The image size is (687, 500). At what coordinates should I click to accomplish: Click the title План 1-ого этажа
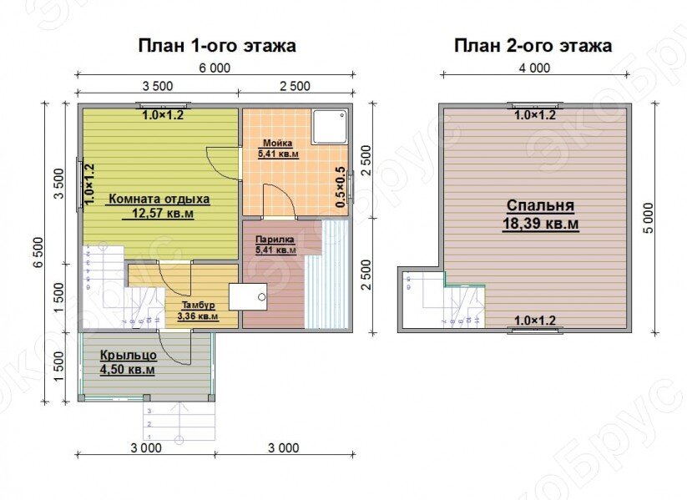point(216,46)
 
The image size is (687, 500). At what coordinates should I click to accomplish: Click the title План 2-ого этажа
point(533,46)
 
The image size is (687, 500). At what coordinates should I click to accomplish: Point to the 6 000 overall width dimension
point(215,68)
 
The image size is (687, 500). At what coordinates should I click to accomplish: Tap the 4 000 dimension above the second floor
point(533,68)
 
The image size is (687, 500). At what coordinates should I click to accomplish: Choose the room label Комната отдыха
point(158,199)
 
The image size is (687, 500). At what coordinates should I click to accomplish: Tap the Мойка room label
point(276,143)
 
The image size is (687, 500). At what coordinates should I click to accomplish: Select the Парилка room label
point(275,239)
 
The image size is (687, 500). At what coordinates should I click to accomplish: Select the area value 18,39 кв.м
point(540,224)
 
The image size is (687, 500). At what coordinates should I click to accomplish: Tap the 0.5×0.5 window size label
point(340,188)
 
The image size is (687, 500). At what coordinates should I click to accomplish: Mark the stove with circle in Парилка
point(250,296)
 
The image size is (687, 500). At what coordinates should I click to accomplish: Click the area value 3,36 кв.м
point(198,316)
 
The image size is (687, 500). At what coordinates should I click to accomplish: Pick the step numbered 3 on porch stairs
point(149,412)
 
